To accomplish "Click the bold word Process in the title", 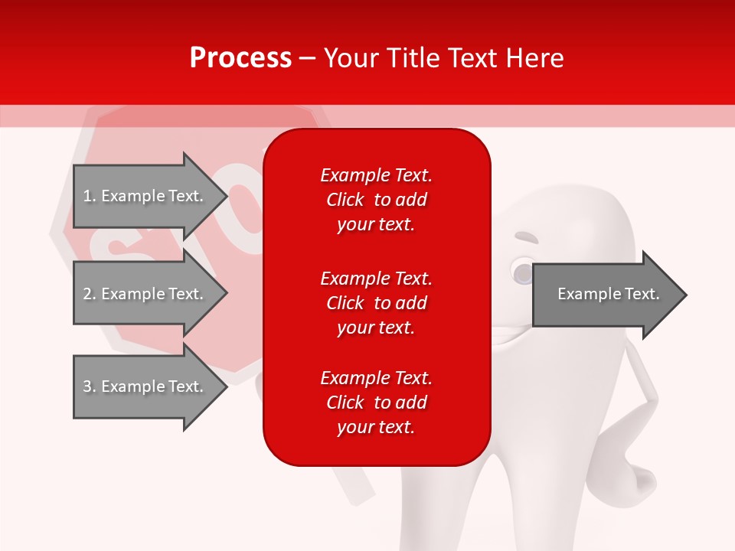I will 240,58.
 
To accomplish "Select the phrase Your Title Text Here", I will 443,58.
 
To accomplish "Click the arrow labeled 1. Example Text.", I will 143,196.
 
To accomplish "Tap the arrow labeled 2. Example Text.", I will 143,294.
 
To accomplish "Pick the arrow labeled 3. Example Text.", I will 143,386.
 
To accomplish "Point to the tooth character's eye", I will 522,272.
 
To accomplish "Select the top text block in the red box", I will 376,200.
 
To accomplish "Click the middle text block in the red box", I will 376,303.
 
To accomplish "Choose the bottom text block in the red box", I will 376,403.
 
